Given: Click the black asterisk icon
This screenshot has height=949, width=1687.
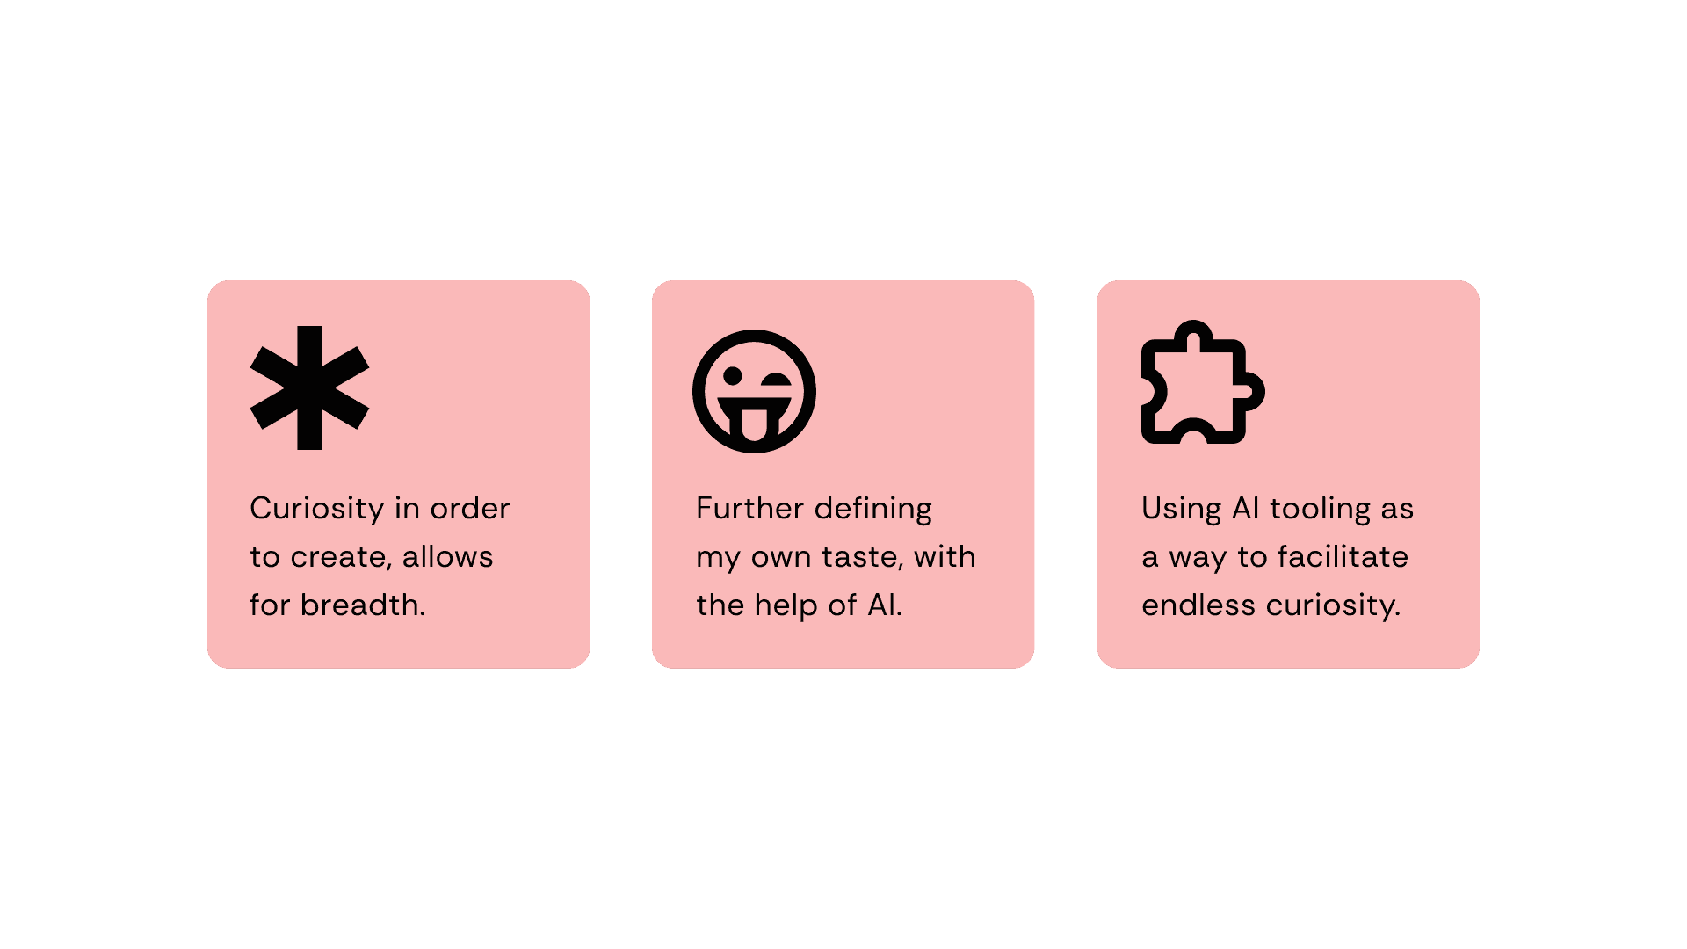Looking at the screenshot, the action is coord(309,388).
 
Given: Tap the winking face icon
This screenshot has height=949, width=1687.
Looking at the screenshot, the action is coord(754,391).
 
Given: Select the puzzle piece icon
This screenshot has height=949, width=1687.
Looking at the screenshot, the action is coord(1201,383).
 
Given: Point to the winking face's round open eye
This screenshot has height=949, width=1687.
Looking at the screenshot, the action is coord(732,377).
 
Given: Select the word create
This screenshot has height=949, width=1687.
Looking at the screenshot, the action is coord(338,557).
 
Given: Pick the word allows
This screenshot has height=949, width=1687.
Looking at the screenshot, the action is coord(447,557).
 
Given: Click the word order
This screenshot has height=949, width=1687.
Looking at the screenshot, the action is coord(469,509).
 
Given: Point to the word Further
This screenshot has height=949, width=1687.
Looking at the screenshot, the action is coord(749,509).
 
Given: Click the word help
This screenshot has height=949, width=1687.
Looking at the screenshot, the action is coord(786,605).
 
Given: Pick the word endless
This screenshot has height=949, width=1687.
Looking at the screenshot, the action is coord(1198,605).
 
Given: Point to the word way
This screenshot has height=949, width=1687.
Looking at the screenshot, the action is coord(1197,557).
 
